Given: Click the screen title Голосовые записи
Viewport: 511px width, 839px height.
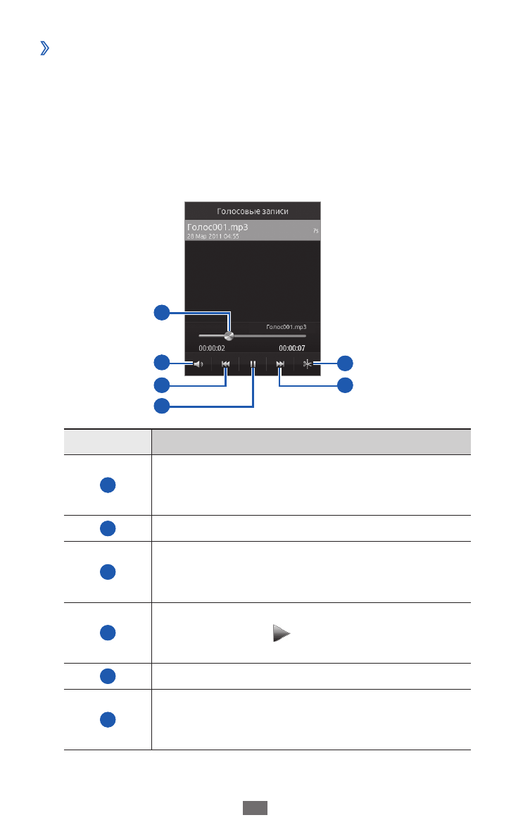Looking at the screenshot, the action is pos(252,211).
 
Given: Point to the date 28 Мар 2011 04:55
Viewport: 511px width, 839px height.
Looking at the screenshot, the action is pos(213,237).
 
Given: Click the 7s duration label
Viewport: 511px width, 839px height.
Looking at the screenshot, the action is pos(315,231).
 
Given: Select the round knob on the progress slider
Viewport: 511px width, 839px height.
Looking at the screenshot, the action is pos(228,336).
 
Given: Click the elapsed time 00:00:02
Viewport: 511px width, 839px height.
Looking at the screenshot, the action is pos(212,348).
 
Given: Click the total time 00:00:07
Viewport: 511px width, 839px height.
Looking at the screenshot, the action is pos(293,348).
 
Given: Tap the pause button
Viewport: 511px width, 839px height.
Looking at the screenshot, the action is pos(252,365).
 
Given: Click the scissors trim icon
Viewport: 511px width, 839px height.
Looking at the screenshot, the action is pos(307,364).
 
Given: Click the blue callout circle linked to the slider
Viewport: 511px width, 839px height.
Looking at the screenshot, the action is pos(162,312).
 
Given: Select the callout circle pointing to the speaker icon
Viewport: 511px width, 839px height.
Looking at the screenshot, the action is pos(162,363).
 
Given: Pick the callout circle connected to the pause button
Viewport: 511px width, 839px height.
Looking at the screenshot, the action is pos(162,405).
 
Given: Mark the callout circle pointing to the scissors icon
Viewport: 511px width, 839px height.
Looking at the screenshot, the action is pos(344,363).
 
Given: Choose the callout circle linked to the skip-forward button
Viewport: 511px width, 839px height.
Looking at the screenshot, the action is pos(344,385).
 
